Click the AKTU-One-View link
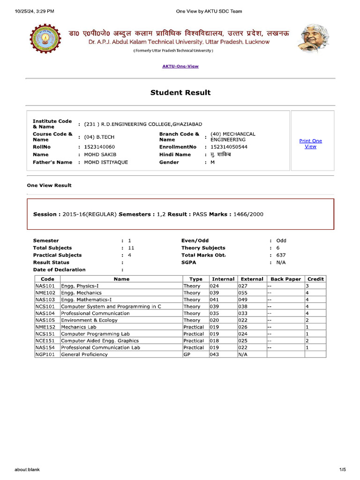180,66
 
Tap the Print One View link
310,144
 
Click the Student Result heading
180,93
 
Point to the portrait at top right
314,39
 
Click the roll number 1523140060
99,147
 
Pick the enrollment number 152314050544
229,147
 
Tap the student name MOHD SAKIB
100,154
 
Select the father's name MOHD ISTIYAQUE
106,162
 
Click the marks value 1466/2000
248,214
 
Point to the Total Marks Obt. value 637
281,255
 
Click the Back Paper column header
285,279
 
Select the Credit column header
315,279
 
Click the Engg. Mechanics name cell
82,292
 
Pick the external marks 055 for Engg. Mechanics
243,292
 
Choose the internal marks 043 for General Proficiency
215,354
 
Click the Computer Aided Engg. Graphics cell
100,341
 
